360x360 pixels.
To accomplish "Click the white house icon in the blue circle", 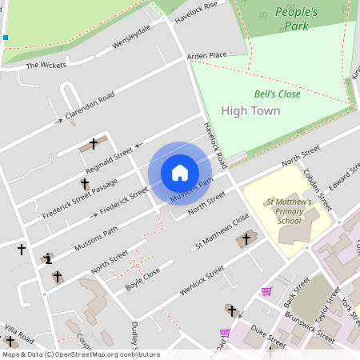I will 180,173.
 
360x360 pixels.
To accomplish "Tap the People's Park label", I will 296,18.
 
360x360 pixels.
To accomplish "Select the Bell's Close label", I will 277,94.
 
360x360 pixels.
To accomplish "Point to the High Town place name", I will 250,110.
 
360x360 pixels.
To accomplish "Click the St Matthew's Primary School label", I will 289,211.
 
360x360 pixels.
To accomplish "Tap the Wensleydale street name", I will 131,36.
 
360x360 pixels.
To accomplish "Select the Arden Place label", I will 207,55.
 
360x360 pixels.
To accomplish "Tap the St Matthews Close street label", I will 223,231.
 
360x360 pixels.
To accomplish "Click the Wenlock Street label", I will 202,282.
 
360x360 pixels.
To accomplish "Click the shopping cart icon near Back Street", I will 266,291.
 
